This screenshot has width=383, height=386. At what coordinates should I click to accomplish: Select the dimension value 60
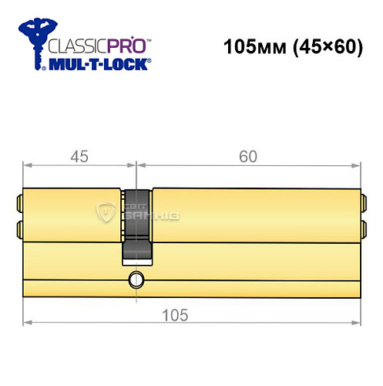(248, 156)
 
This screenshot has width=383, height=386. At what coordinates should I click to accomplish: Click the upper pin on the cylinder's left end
(18, 205)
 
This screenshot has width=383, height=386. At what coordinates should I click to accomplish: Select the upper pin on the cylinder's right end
(363, 205)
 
